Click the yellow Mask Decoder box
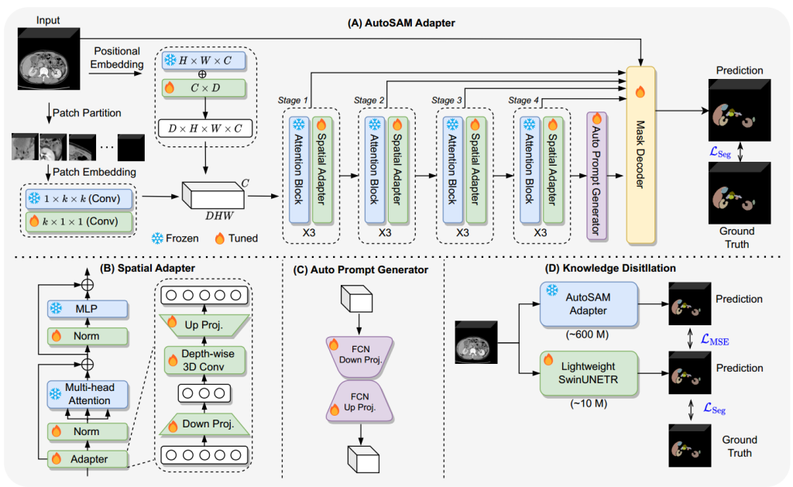pos(640,156)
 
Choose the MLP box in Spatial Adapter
pos(88,308)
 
